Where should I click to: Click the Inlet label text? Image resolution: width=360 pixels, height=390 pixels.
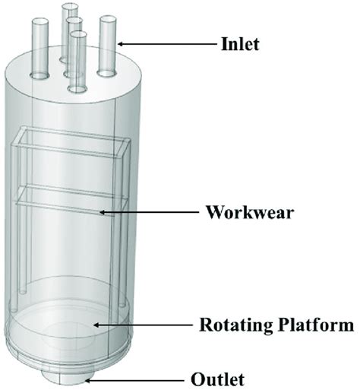tap(240, 43)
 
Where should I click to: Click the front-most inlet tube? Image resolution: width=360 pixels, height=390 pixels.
tap(76, 61)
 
